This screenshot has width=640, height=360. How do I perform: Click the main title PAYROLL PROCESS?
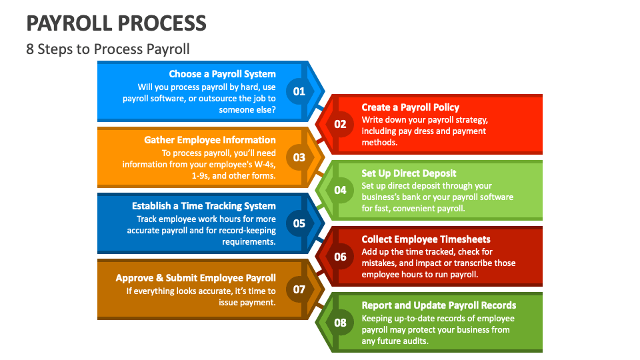(117, 23)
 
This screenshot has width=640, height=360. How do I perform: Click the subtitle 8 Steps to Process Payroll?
(108, 49)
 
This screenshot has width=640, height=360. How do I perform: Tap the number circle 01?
(299, 91)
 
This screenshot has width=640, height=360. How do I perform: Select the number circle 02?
(340, 124)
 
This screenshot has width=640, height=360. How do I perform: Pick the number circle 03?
(299, 157)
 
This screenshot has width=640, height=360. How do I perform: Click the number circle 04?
(340, 190)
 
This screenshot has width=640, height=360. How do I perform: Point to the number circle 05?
(299, 223)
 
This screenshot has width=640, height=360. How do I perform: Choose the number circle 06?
(340, 257)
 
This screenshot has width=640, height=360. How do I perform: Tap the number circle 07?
(299, 289)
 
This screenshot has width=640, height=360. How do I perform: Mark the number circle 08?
(340, 323)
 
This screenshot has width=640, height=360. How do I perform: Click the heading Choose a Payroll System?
(222, 74)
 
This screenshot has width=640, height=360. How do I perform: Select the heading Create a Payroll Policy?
(410, 107)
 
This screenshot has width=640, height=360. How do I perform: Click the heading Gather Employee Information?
(210, 140)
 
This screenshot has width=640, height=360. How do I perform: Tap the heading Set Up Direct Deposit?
(409, 173)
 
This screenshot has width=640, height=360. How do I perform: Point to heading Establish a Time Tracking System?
(203, 206)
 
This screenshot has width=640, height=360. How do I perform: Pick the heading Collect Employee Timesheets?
(426, 239)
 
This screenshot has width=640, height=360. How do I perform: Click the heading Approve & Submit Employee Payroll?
(195, 278)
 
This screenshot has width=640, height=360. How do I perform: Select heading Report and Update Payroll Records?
(439, 305)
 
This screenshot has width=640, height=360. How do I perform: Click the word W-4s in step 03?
(258, 165)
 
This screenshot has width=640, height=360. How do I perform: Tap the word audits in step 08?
(414, 341)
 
